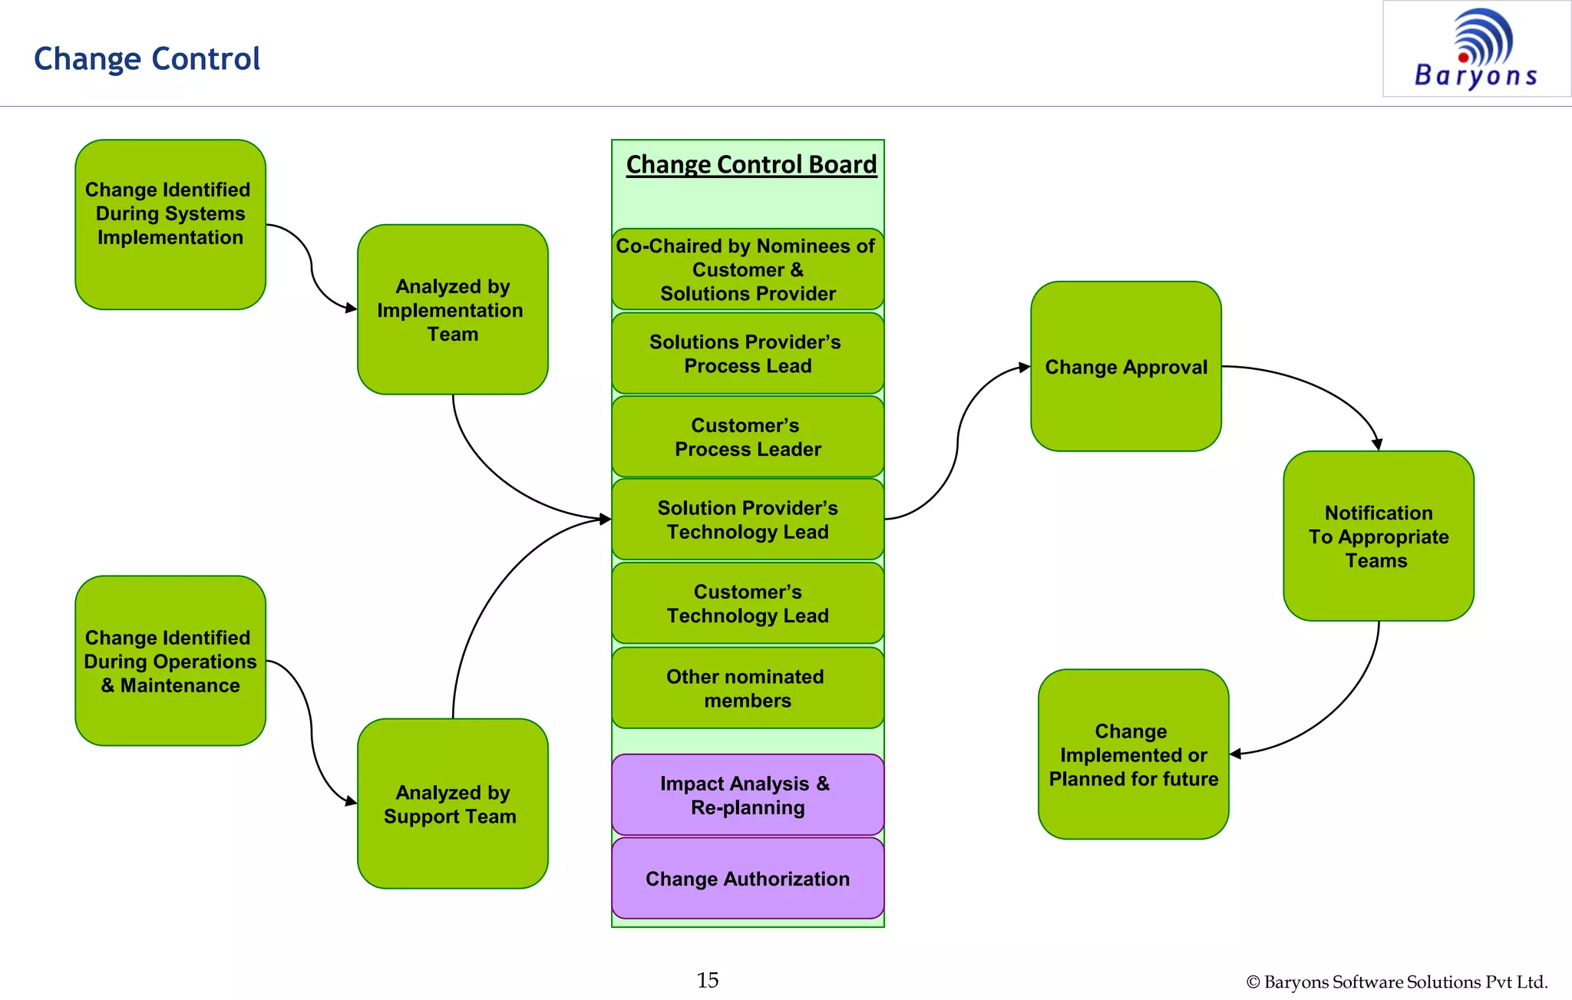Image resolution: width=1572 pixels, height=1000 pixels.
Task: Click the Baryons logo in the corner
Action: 1476,48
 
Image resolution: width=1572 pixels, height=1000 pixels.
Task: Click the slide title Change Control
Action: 147,59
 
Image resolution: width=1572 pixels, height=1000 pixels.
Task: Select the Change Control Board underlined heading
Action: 751,164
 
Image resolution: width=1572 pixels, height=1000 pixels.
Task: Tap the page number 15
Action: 707,980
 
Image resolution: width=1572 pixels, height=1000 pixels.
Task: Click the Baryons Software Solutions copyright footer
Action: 1396,982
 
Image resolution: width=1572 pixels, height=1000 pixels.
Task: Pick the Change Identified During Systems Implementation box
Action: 170,224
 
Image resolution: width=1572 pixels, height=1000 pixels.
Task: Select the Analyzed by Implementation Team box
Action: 452,309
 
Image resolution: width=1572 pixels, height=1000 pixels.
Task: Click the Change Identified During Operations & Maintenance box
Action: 170,660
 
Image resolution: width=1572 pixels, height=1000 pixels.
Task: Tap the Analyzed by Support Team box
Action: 452,803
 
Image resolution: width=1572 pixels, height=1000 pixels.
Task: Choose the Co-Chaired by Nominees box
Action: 748,269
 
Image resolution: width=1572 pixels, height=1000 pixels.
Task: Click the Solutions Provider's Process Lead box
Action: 748,353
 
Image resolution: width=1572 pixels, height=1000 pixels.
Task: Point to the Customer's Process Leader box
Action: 748,437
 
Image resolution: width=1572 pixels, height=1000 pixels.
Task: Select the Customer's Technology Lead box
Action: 748,603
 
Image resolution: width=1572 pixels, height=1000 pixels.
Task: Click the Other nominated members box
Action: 748,688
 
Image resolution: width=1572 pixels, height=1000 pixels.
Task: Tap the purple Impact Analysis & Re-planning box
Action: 748,794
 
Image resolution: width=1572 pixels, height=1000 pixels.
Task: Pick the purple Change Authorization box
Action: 748,878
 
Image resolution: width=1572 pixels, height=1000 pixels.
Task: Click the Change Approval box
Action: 1125,366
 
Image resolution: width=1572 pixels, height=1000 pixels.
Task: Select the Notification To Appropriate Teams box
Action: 1378,536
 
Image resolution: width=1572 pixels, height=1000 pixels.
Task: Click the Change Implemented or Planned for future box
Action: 1133,754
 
